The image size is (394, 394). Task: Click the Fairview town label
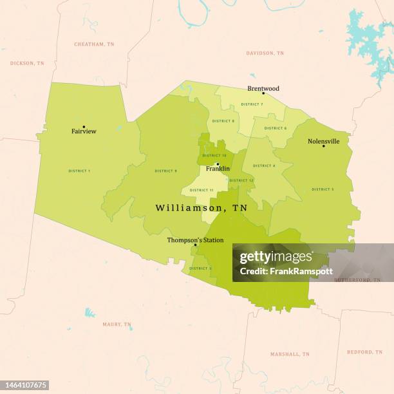[84, 131]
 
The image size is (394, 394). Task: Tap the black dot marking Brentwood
[263, 93]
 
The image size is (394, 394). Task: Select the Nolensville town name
[323, 141]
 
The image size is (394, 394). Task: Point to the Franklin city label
[218, 169]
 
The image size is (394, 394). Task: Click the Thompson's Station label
[195, 240]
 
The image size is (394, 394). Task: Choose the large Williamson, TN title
[201, 208]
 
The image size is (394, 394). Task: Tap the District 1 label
[79, 171]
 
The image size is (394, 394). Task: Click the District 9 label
[165, 171]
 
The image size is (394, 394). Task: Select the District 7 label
[252, 104]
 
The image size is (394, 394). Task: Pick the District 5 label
[323, 189]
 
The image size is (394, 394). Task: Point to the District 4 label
[264, 165]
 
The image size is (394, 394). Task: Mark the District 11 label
[202, 190]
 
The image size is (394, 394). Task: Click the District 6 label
[276, 128]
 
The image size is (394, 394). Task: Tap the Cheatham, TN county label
[94, 44]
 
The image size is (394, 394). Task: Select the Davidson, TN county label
[265, 53]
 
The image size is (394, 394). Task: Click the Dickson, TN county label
[27, 63]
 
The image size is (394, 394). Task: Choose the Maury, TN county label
[117, 324]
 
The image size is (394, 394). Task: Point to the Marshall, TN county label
[289, 354]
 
